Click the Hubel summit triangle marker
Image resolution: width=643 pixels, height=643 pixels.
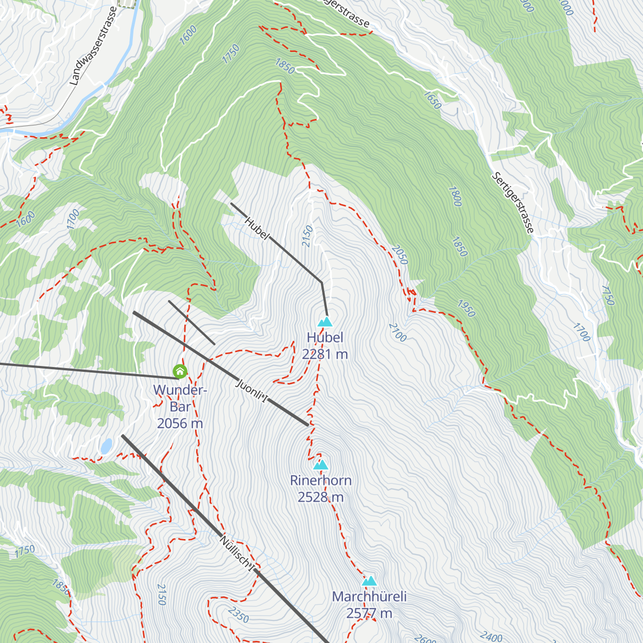click(325, 322)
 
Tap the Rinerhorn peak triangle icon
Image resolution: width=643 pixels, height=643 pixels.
click(320, 465)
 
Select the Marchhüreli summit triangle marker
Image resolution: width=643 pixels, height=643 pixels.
click(369, 581)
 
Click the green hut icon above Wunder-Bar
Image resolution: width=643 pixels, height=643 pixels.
click(180, 371)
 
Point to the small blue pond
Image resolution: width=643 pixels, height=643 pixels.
click(107, 446)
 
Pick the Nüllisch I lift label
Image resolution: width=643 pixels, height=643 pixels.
click(236, 552)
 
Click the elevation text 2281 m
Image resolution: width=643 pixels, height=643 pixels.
click(325, 354)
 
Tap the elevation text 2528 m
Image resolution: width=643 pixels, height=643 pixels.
click(320, 497)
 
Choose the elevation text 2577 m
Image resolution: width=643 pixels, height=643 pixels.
click(369, 614)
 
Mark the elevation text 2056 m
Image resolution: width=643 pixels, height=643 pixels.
click(180, 423)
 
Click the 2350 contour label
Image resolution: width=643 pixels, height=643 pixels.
click(238, 615)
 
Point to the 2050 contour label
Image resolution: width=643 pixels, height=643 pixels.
click(400, 255)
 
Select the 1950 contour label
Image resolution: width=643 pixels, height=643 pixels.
click(466, 308)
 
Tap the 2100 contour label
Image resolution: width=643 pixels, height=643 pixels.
click(398, 332)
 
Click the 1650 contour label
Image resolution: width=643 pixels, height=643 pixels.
click(432, 100)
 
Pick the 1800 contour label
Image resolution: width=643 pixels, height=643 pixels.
click(454, 197)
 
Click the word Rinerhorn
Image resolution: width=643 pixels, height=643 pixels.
click(320, 480)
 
